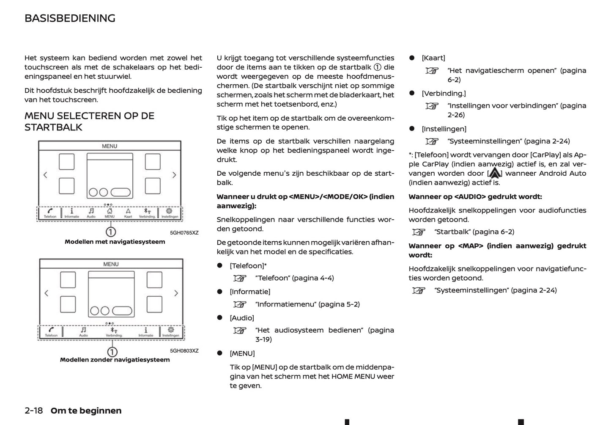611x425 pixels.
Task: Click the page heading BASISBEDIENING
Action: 70,18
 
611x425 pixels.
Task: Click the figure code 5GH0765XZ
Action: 184,233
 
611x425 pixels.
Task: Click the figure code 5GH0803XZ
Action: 184,350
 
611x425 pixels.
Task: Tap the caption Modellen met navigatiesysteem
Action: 115,242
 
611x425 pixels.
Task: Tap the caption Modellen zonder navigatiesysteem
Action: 115,360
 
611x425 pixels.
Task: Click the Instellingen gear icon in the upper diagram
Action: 169,211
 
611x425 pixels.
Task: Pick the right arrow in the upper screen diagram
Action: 174,175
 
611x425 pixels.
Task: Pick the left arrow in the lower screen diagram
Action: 47,293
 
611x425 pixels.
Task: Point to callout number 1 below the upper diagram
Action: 110,232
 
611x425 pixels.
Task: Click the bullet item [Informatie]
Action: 249,292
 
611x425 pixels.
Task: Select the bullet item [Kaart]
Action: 433,58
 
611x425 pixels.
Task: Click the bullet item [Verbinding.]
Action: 443,94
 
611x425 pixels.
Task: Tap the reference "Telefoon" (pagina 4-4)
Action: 294,278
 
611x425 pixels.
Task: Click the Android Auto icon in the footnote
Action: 494,173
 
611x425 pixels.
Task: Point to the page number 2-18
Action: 34,411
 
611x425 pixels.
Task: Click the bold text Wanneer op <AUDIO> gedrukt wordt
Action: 475,196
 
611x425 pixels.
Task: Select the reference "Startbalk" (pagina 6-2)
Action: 474,232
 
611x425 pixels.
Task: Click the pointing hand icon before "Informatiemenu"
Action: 240,304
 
